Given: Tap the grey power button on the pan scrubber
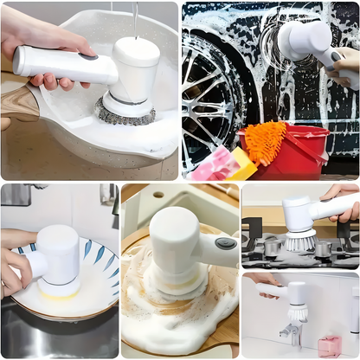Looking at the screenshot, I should (x=88, y=57).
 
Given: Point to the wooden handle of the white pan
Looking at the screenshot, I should (x=17, y=100).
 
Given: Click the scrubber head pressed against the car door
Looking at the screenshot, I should (x=305, y=40).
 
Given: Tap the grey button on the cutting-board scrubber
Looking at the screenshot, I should (x=226, y=244).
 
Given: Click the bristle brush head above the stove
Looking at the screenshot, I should (x=299, y=240).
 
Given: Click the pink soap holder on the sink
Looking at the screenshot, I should (x=329, y=345).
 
